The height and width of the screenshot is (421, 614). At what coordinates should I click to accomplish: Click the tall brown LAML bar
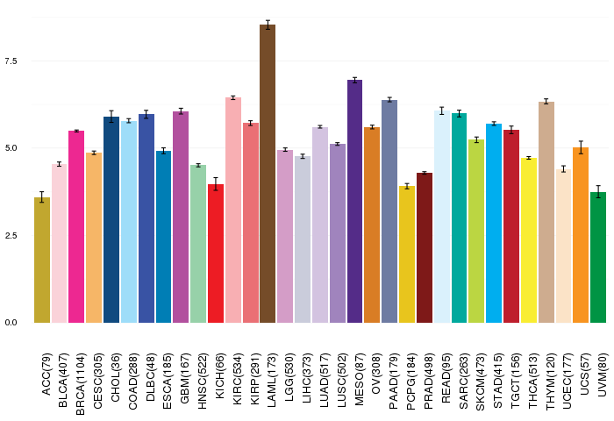tap(268, 174)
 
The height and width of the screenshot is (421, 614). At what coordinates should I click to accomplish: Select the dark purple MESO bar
tap(354, 202)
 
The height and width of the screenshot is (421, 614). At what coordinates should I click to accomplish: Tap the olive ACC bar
tap(42, 260)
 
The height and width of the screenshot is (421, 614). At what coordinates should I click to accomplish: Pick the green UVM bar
tap(598, 257)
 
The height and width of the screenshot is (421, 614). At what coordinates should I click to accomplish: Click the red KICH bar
tap(216, 253)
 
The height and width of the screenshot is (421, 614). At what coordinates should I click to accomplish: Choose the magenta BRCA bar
tap(76, 227)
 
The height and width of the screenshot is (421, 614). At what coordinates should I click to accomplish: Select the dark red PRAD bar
tap(425, 247)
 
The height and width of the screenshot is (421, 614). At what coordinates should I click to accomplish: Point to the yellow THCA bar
tap(529, 240)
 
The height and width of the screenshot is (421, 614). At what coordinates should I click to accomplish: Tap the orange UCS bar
tap(581, 235)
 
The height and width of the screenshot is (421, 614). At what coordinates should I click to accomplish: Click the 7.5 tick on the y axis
tap(11, 61)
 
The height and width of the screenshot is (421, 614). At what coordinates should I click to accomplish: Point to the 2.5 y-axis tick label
tap(11, 235)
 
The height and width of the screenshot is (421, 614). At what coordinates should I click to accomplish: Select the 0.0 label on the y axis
tap(11, 323)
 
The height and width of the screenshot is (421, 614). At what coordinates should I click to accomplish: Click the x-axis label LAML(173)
tap(271, 380)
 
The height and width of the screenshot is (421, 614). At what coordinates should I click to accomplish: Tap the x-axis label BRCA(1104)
tap(81, 384)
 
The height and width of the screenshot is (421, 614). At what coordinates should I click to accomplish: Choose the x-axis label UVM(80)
tap(603, 375)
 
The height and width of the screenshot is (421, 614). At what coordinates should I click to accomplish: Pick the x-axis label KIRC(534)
tap(237, 379)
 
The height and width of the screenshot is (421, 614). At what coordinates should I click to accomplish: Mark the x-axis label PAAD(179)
tap(394, 381)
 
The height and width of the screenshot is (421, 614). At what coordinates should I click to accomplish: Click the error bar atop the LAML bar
tap(268, 25)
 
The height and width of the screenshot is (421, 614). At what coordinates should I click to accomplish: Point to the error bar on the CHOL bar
tap(111, 117)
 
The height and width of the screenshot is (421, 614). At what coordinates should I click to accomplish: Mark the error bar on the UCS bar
tap(581, 147)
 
